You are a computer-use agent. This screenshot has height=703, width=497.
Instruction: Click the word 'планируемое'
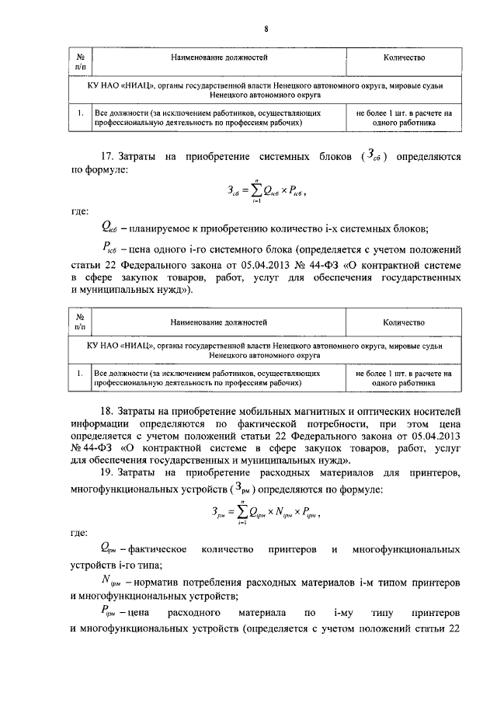[x=158, y=229]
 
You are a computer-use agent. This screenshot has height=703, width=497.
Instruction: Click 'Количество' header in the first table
[x=404, y=57]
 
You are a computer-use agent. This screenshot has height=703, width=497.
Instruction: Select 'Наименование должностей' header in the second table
[x=218, y=320]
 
